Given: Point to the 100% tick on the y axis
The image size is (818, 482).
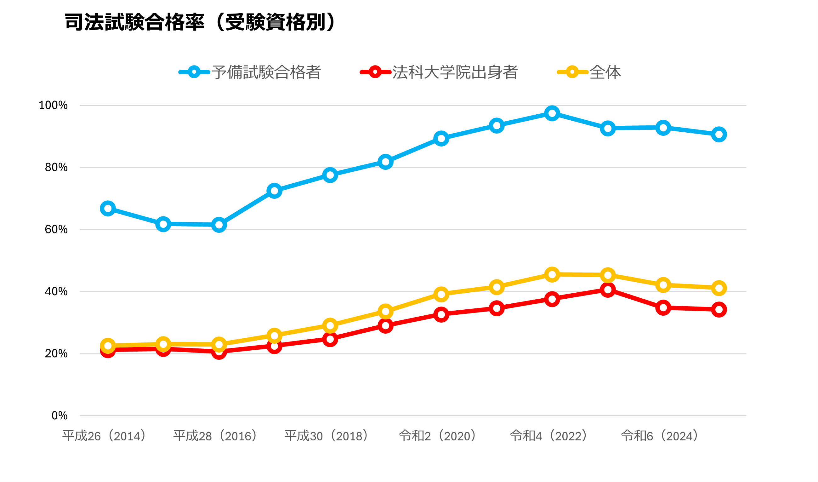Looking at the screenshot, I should tap(53, 105).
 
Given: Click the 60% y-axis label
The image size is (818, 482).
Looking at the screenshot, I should tap(56, 230).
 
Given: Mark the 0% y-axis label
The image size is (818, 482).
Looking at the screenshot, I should tap(60, 416).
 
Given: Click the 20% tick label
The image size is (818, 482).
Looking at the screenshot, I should tap(56, 354).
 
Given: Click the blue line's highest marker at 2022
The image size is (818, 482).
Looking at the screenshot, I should tap(552, 113).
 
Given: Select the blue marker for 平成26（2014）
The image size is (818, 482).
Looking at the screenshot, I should tap(108, 209).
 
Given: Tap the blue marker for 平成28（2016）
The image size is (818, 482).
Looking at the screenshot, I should tap(219, 225).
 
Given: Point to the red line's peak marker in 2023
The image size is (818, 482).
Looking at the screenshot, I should tap(608, 290).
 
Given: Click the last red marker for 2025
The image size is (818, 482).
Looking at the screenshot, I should tap(719, 310).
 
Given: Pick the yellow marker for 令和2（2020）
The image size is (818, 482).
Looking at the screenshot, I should tap(441, 295).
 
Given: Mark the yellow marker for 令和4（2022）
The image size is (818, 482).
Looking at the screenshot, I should tap(552, 275).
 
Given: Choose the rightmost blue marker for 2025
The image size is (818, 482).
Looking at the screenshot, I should tap(719, 135).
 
